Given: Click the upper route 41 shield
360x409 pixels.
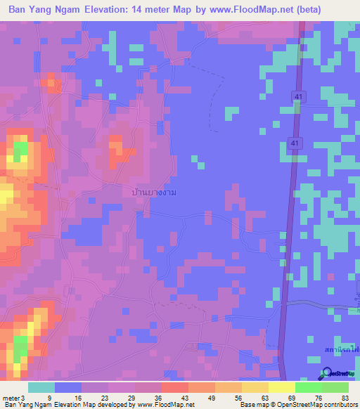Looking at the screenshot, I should (x=297, y=94).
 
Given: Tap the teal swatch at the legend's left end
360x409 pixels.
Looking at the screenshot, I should (x=41, y=387).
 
